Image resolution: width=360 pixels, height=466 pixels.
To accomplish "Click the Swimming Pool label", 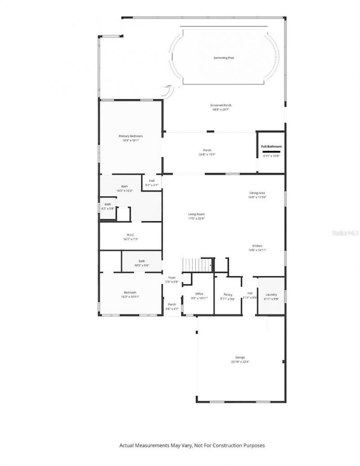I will (x=224, y=58).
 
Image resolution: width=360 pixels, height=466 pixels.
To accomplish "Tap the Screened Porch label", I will (x=220, y=105).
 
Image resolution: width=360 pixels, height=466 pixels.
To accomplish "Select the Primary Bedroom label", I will (x=130, y=136).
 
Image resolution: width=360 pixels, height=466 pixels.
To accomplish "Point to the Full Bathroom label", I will (x=271, y=147).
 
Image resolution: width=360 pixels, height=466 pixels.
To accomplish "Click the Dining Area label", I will (x=257, y=193).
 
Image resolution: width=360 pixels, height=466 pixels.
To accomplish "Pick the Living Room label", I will (x=197, y=214).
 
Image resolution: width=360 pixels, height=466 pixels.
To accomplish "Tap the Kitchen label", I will (x=257, y=246).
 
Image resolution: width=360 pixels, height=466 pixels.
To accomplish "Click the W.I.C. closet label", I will (x=130, y=234).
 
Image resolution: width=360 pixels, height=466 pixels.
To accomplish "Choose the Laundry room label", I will (x=271, y=295).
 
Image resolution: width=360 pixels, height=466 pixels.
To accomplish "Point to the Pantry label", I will (x=228, y=295).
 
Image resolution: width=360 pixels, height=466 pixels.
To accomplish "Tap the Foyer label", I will (x=172, y=278).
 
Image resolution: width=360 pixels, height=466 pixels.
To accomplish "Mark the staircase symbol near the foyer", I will (x=197, y=265).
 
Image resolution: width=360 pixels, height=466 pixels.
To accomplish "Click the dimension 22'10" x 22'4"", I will (x=240, y=362).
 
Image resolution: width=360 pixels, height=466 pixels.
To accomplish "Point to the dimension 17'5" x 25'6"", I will (x=197, y=219).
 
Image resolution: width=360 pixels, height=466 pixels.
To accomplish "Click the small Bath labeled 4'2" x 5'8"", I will (x=108, y=206).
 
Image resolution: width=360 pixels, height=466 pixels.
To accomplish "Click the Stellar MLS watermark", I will (x=345, y=233).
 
